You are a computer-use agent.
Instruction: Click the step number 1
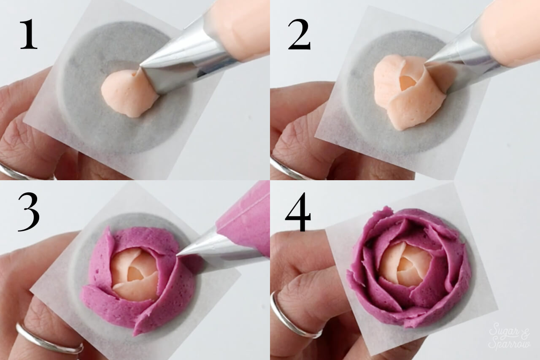[x=29, y=35]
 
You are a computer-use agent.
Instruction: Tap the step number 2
[x=299, y=35]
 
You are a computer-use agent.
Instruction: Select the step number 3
[x=28, y=212]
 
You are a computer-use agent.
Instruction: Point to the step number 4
[x=298, y=212]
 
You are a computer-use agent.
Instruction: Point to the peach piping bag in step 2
[x=509, y=34]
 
